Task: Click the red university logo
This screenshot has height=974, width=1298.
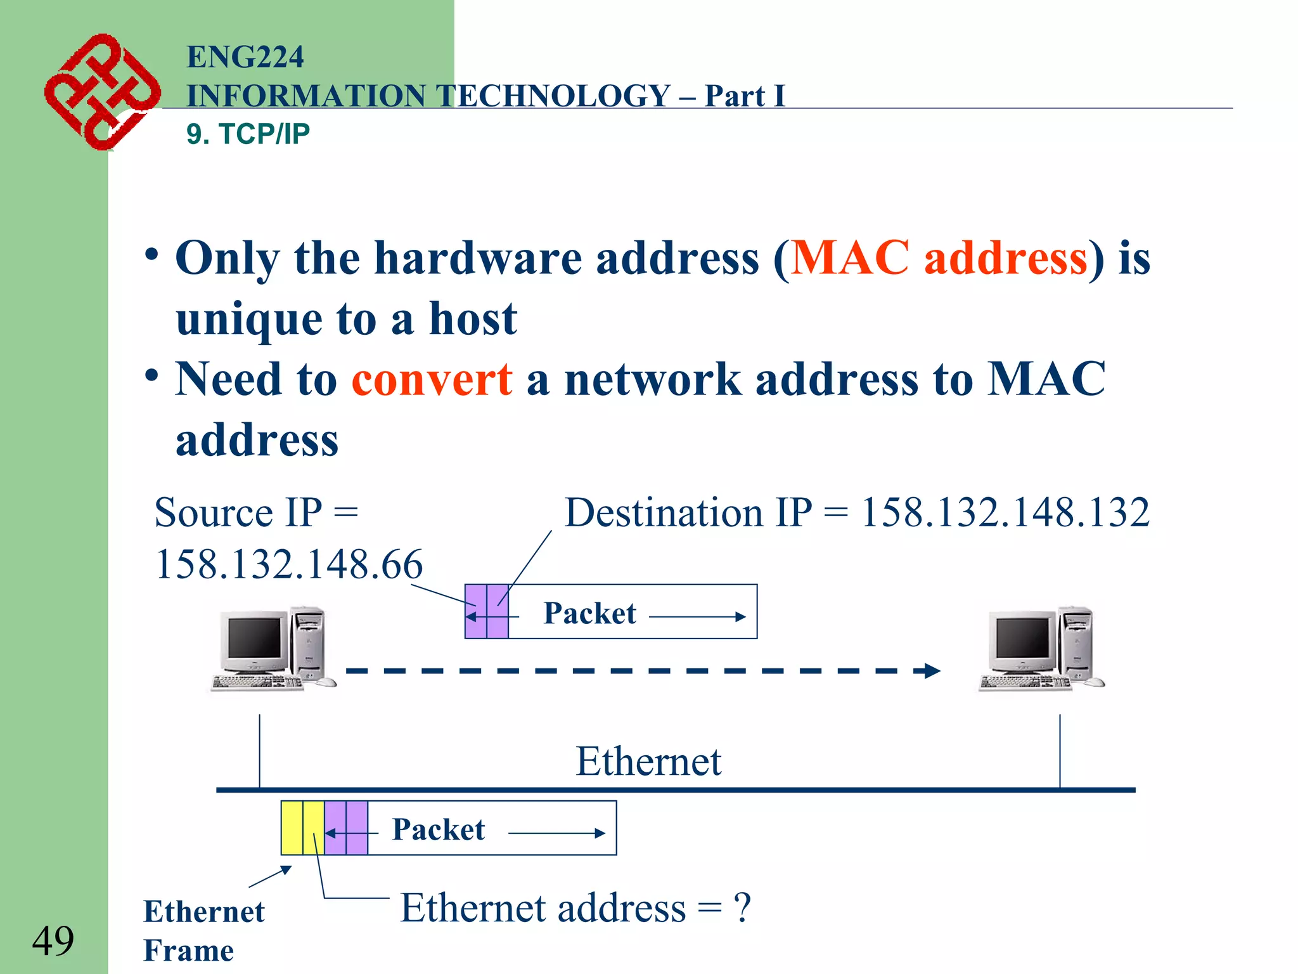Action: point(101,92)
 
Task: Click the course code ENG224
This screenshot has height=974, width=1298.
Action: point(245,57)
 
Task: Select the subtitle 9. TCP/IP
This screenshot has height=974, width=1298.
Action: point(248,134)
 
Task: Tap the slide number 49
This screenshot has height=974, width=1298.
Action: point(53,940)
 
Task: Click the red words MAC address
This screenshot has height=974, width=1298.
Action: point(939,258)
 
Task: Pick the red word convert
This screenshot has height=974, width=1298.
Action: point(432,379)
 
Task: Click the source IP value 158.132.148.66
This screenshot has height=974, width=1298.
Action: point(289,564)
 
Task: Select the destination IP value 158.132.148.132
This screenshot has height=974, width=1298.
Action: point(1005,512)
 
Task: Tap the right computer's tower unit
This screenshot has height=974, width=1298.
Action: point(1076,644)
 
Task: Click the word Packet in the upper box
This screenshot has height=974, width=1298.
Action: point(589,613)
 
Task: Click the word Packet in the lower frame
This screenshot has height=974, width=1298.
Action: point(438,829)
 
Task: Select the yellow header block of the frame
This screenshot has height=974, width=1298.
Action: point(302,828)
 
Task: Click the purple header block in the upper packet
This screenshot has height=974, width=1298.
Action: point(487,612)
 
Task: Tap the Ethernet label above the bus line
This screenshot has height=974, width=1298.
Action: point(648,761)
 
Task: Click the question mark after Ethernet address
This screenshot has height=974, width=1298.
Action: point(742,907)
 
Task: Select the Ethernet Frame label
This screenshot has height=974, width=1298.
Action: point(203,930)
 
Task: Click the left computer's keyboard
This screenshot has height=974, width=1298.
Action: point(257,682)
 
